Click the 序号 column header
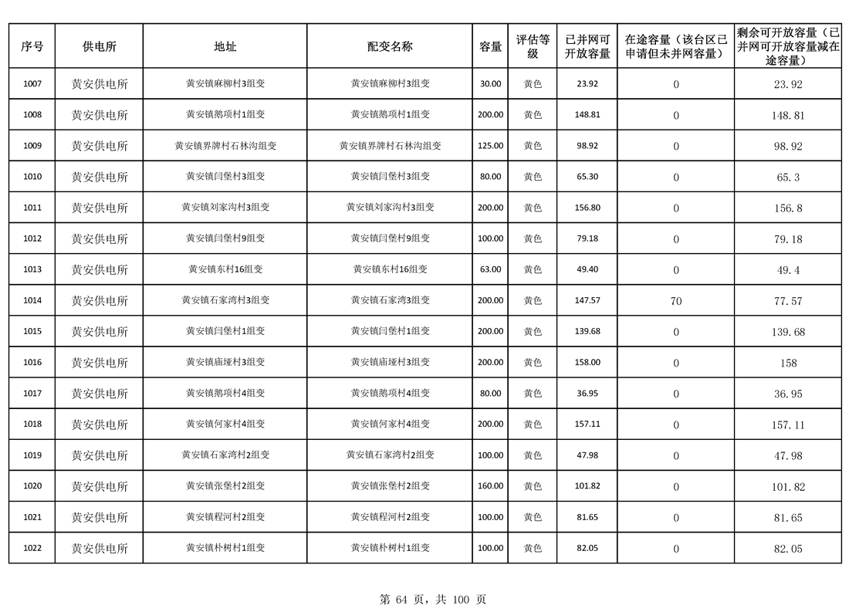point(32,46)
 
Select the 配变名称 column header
point(390,46)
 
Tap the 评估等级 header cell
point(533,46)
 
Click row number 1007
point(32,84)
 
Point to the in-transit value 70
point(676,301)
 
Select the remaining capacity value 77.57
point(788,301)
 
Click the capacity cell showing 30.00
point(490,84)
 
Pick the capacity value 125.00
point(490,146)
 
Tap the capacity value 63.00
point(490,269)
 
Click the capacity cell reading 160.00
point(490,486)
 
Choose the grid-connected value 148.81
point(587,115)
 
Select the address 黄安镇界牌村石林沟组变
point(225,146)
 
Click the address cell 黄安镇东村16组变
point(225,269)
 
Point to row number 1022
point(32,548)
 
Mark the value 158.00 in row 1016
point(587,363)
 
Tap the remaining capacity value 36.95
point(788,394)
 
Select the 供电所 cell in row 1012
point(100,238)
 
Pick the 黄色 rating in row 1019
point(533,455)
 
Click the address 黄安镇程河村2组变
point(225,517)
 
